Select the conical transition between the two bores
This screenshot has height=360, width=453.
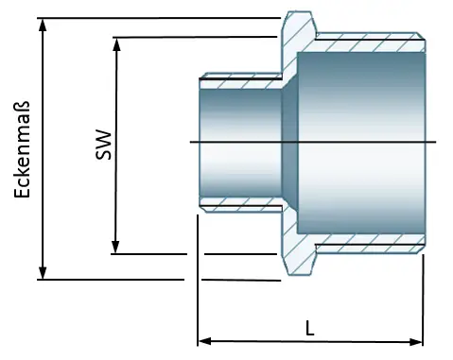tap(290, 142)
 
